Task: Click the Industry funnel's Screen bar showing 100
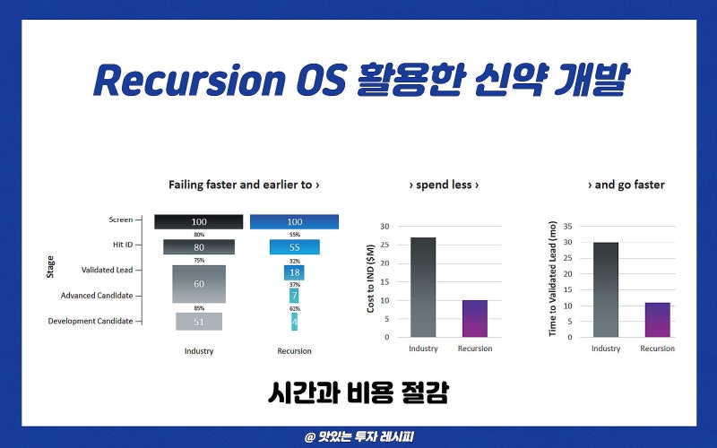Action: point(198,221)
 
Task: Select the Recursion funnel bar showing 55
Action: point(294,246)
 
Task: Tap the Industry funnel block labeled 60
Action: point(198,283)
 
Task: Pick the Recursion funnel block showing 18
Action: point(294,271)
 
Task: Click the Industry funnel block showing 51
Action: point(198,322)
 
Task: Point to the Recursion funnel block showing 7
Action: point(294,295)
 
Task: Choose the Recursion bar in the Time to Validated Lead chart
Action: point(657,320)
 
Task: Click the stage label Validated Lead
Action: point(107,269)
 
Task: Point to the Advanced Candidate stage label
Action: point(96,295)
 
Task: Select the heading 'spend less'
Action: point(444,185)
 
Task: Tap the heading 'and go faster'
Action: point(626,185)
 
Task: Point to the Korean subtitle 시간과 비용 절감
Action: point(358,392)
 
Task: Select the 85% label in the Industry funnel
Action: point(198,308)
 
